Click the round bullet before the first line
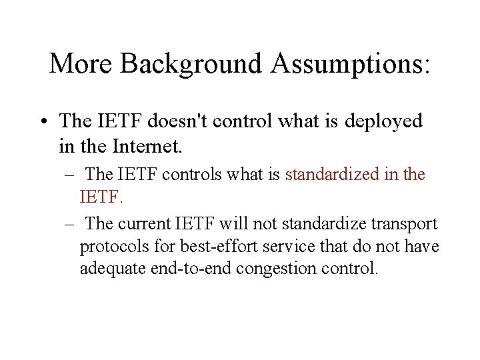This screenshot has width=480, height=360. (42, 122)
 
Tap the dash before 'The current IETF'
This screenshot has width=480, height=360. (70, 222)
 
